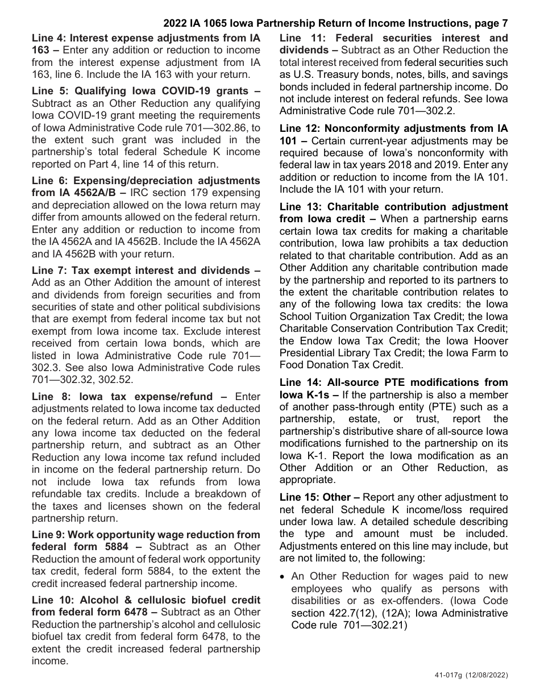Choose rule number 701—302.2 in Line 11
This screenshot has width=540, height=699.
[x=430, y=111]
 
